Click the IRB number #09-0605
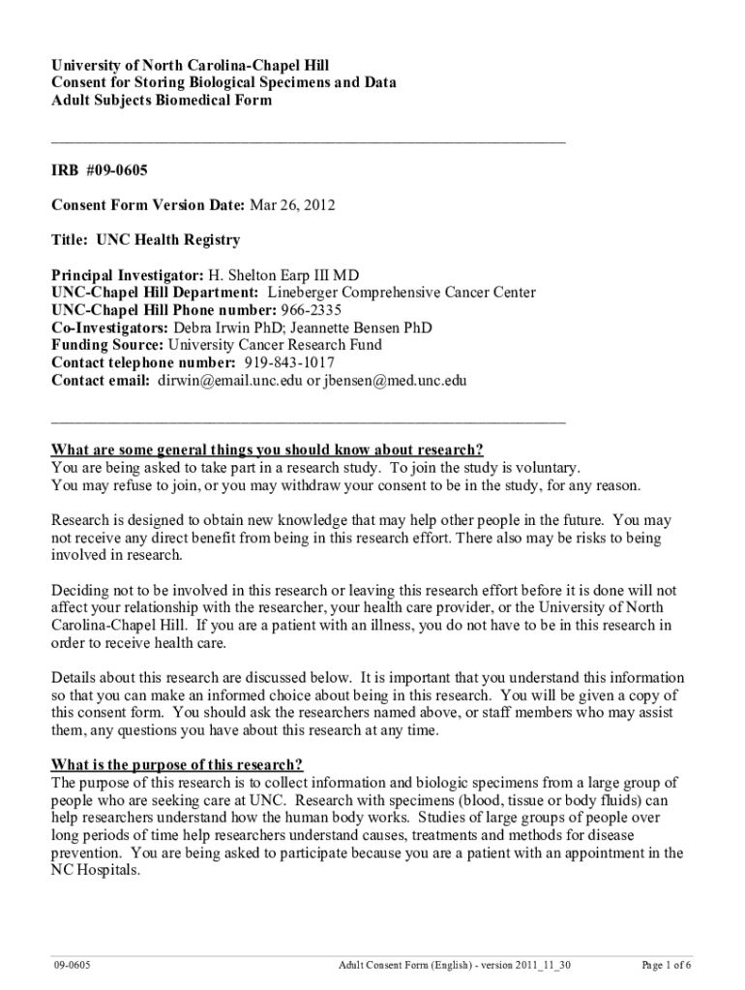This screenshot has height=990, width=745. [x=116, y=170]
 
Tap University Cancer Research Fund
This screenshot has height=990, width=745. [x=275, y=345]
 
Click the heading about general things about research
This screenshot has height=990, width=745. [x=267, y=450]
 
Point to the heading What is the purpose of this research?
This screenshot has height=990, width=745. [x=177, y=766]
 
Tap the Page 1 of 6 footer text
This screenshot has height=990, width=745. [x=667, y=965]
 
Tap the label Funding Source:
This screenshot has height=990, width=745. [x=108, y=345]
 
